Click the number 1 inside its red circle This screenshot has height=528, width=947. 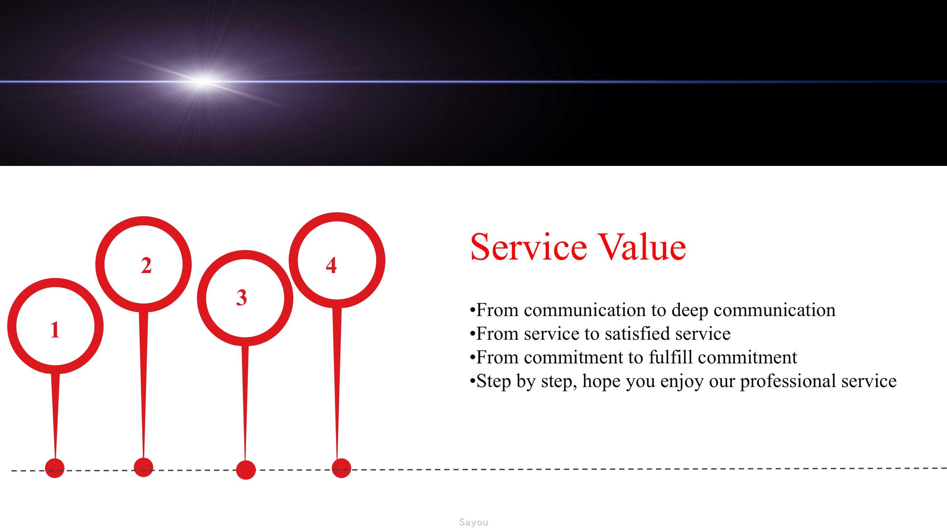(x=55, y=330)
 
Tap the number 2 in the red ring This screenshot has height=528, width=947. (x=146, y=265)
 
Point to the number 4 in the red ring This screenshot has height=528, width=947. (x=331, y=265)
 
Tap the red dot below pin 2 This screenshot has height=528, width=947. (x=143, y=467)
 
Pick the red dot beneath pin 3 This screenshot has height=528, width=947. (x=246, y=470)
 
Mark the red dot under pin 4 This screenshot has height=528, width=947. (x=341, y=468)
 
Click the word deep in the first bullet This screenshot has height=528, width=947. (x=690, y=311)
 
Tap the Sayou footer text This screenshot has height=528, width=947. (x=473, y=522)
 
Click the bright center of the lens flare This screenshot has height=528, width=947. (x=203, y=81)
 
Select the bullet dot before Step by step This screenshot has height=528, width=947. (x=473, y=381)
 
